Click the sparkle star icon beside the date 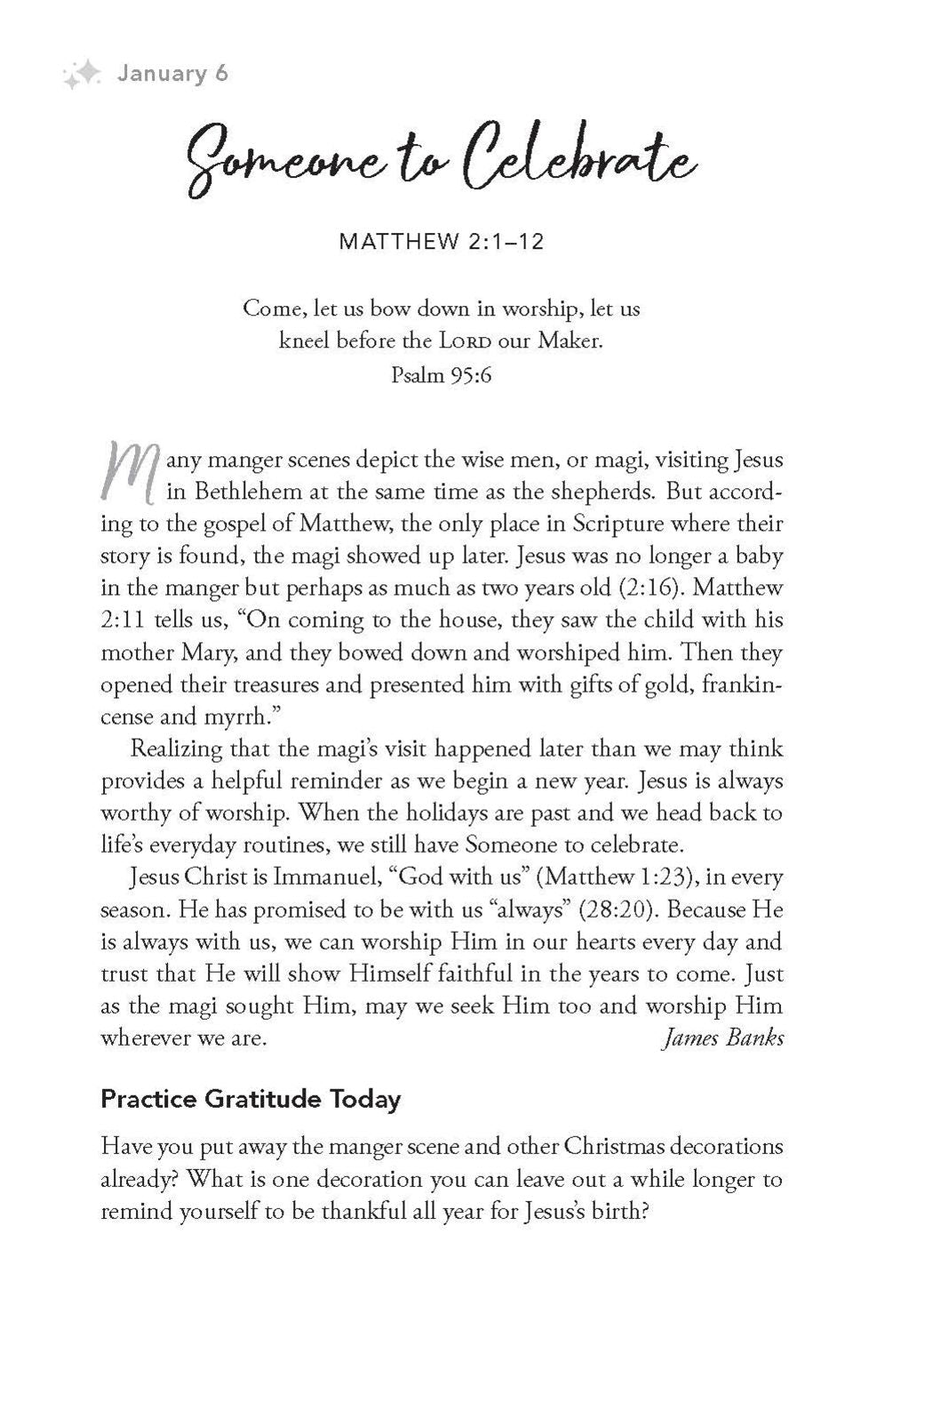[83, 75]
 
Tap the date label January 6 [172, 73]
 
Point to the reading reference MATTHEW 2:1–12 [441, 242]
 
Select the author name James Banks [723, 1038]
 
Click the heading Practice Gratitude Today [251, 1099]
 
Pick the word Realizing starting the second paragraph [175, 749]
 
